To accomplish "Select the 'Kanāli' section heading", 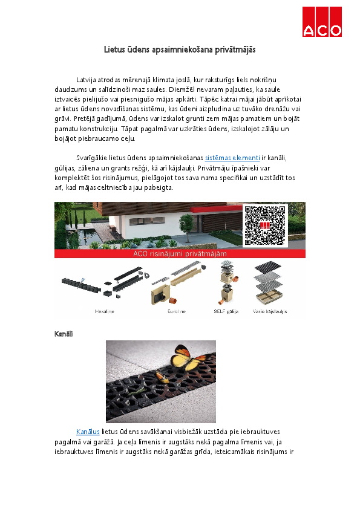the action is (x=64, y=334).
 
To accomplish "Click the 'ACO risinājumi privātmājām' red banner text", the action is (x=180, y=254).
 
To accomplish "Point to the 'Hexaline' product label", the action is (x=105, y=311).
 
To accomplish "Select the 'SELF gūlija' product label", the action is (x=227, y=311).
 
